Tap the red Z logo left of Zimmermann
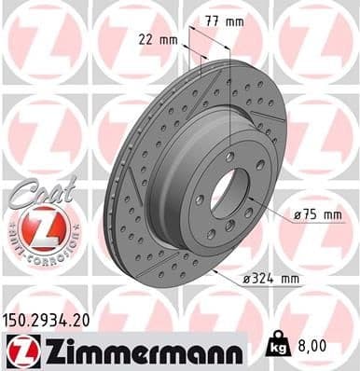pyautogui.click(x=20, y=350)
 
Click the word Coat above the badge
pyautogui.click(x=33, y=189)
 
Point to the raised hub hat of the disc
pyautogui.click(x=210, y=186)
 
